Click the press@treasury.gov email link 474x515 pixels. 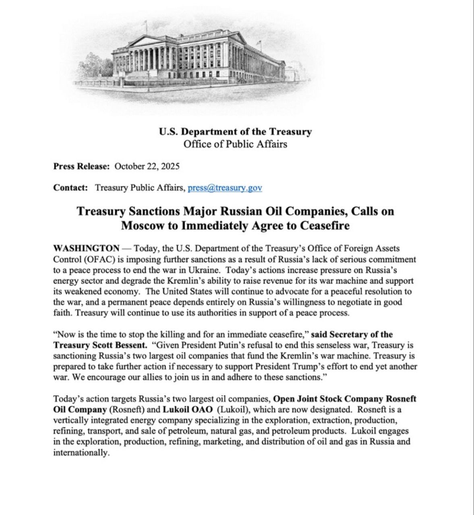click(225, 188)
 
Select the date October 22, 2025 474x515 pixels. click(147, 167)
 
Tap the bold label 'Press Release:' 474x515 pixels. click(81, 167)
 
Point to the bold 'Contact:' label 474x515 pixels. click(70, 188)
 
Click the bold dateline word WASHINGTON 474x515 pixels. click(86, 249)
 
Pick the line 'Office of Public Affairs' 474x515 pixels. click(235, 144)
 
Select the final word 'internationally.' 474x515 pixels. click(81, 452)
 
